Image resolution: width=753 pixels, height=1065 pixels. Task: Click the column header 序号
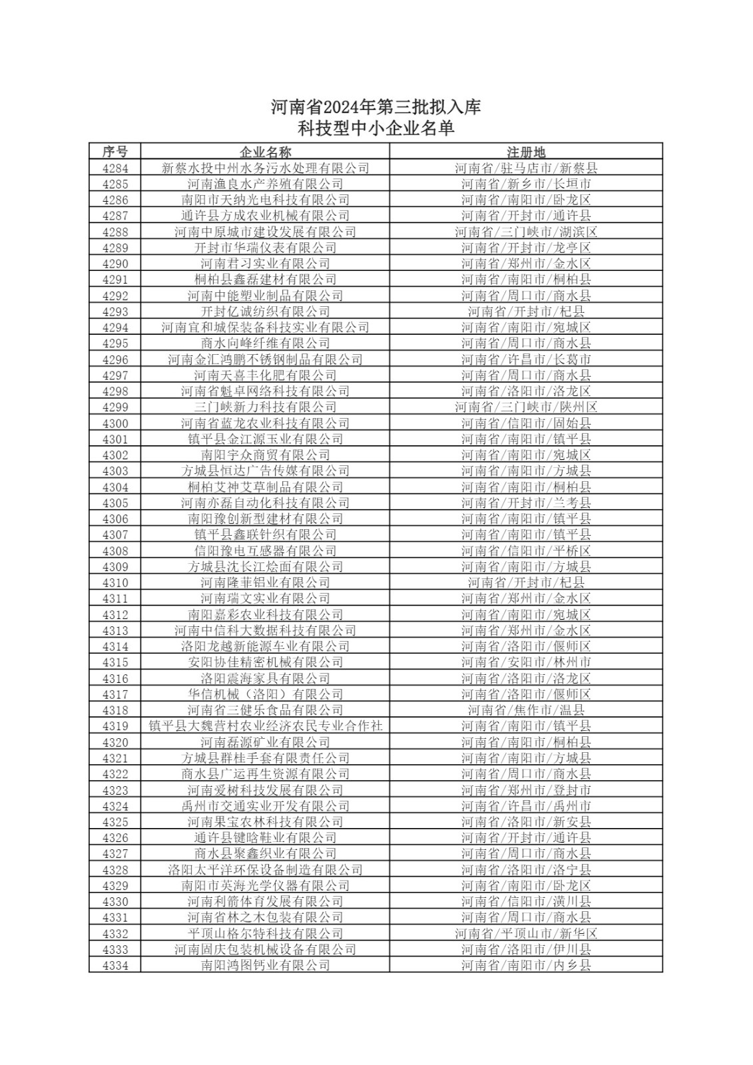tap(115, 151)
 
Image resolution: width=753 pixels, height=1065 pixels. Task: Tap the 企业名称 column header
tap(265, 151)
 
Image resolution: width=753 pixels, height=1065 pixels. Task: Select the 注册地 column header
tap(525, 151)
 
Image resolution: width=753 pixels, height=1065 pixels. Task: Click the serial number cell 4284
tap(115, 168)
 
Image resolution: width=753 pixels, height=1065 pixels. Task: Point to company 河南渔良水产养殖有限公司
tap(265, 184)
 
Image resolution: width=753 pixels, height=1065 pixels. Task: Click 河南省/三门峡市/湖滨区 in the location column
tap(525, 232)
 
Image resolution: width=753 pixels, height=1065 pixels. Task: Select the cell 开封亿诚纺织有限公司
tap(265, 312)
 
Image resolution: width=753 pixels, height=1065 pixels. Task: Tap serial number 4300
tap(115, 423)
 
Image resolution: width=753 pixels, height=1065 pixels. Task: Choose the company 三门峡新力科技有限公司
tap(265, 407)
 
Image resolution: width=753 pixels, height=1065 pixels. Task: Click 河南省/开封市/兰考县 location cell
tap(525, 503)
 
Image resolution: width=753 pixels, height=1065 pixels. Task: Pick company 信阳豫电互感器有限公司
tap(265, 550)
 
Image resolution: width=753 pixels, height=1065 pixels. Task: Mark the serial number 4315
tap(115, 662)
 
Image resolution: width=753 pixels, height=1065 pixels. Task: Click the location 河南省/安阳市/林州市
tap(525, 662)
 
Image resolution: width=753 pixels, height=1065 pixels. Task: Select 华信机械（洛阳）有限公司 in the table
tap(265, 694)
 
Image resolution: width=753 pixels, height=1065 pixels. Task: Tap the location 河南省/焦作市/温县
tap(525, 710)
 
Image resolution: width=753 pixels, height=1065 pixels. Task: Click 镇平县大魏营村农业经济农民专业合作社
tap(265, 726)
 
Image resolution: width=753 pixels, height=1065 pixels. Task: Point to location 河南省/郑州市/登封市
tap(525, 790)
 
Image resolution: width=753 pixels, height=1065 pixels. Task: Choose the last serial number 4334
tap(115, 965)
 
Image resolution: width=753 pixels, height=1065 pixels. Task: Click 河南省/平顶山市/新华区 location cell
tap(525, 933)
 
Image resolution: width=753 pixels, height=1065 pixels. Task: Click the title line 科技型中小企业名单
tap(376, 128)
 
